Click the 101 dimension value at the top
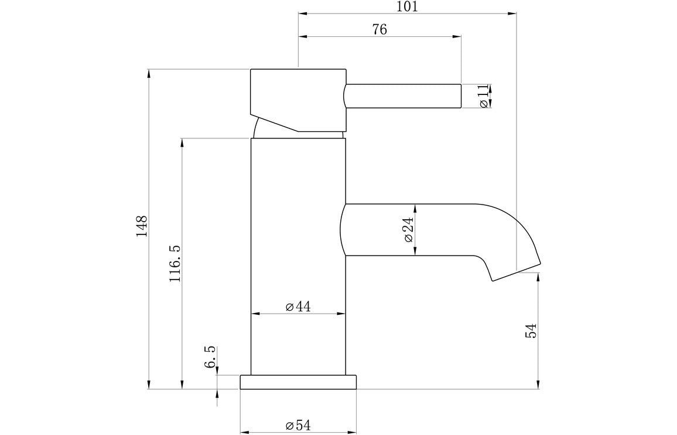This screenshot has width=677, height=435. (408, 6)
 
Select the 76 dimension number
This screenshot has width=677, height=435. (379, 30)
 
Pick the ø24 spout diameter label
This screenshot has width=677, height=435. (408, 230)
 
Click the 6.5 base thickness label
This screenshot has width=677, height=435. (210, 356)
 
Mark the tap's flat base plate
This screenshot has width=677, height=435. (298, 382)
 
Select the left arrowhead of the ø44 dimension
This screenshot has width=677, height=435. (254, 314)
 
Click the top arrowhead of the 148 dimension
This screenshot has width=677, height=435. (149, 73)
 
